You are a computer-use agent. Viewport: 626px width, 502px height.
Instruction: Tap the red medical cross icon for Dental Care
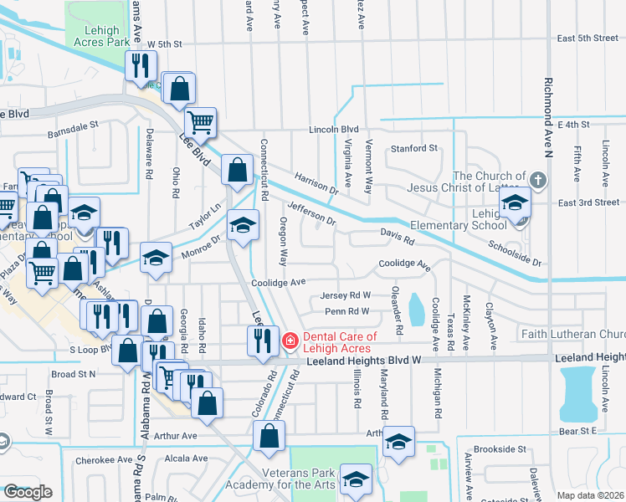(290, 341)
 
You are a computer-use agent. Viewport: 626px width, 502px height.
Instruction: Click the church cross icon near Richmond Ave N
(538, 180)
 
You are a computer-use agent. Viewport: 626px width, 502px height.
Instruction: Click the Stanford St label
(414, 149)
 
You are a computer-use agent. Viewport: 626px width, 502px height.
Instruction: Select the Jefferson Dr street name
(310, 213)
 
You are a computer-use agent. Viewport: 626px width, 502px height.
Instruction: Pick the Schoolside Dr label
(515, 252)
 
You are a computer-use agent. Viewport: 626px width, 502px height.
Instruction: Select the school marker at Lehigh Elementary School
(516, 206)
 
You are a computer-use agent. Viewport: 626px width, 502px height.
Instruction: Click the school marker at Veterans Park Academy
(357, 479)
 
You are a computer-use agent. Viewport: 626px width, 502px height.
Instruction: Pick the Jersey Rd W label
(346, 296)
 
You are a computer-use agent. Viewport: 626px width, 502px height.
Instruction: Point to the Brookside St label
(499, 449)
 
